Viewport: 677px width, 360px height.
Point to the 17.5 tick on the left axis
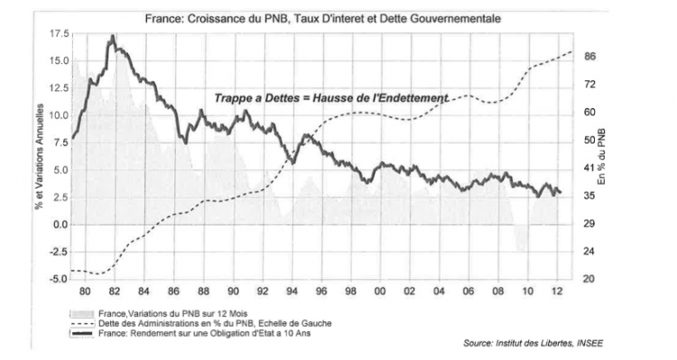pos(58,33)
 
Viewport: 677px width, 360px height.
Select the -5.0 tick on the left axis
pos(58,279)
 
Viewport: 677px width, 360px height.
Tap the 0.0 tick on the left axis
pos(60,224)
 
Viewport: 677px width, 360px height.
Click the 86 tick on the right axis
pos(590,56)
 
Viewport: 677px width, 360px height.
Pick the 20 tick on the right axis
pos(590,279)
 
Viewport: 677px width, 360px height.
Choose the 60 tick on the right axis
pos(590,112)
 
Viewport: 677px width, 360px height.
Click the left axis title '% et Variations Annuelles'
pos(39,155)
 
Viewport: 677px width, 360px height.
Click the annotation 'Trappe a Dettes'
pos(250,97)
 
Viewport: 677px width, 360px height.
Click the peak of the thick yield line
pos(112,37)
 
